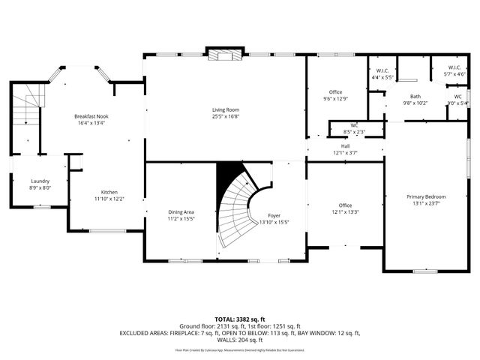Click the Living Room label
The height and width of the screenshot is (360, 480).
226,110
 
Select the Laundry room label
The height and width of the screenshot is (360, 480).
40,181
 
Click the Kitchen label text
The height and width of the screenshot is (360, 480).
109,193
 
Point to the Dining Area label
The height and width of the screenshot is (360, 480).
181,212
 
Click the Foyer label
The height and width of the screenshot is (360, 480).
274,215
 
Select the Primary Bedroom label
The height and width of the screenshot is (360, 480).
425,196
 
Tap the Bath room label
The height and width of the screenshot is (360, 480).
415,97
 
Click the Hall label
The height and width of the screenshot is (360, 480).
346,146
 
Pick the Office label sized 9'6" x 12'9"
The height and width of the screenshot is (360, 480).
335,92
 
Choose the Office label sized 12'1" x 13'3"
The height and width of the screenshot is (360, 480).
345,205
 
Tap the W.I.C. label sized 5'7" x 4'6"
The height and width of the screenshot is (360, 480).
454,68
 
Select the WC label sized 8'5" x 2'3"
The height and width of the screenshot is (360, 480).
354,125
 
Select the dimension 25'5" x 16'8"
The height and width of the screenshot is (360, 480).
226,116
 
